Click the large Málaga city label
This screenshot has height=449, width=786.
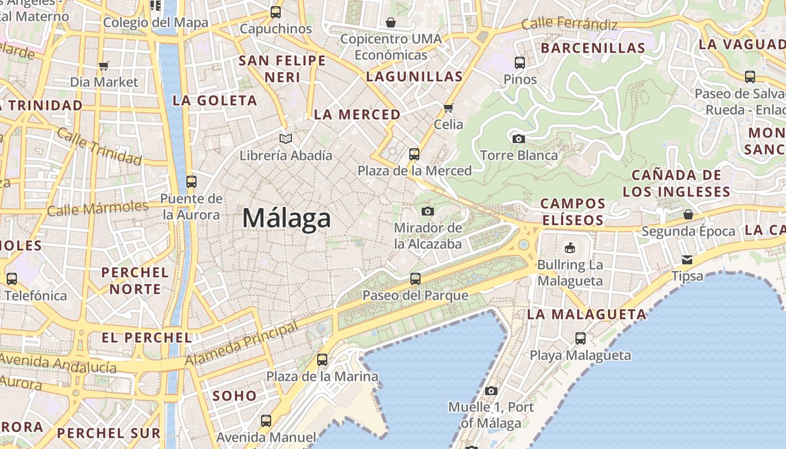coord(286,218)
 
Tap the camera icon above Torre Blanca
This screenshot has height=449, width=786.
coord(519,138)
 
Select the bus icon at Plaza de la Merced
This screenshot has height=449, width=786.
coord(414,154)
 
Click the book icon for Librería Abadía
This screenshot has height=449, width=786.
coord(286,138)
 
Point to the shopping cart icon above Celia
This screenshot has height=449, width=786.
coord(448,107)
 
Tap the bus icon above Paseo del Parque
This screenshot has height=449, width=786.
coord(415,278)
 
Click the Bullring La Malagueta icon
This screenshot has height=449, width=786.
coord(570,248)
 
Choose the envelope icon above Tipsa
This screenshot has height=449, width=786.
coord(687,259)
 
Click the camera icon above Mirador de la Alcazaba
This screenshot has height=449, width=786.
coord(428,211)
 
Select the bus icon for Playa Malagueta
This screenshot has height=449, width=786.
coord(581,338)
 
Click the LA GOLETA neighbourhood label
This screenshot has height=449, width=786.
coord(214,101)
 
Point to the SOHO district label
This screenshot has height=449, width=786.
coord(235,396)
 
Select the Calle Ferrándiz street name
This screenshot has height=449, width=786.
coord(569,25)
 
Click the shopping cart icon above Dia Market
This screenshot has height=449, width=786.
coord(103,66)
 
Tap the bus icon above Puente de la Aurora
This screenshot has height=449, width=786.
coord(191,181)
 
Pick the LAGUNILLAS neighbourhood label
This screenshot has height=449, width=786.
coord(414,77)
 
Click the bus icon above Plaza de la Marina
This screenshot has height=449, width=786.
coord(322,360)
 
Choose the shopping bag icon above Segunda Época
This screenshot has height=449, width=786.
coord(688,214)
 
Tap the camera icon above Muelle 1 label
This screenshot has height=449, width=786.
coord(491,391)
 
